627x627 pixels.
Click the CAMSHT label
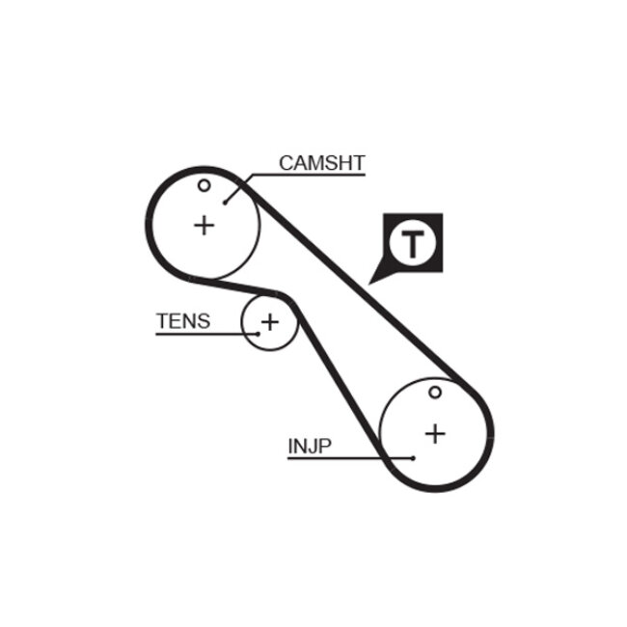[x=321, y=162]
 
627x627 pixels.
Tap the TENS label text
[x=182, y=321]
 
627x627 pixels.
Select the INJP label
[x=310, y=447]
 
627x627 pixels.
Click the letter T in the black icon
[x=413, y=243]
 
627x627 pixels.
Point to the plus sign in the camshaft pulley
[x=204, y=226]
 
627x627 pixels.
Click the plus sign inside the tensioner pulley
[x=269, y=321]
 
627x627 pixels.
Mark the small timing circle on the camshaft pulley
[x=204, y=185]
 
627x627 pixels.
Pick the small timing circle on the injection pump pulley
[x=436, y=393]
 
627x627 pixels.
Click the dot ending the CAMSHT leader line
[x=225, y=202]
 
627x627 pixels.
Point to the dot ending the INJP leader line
[x=412, y=458]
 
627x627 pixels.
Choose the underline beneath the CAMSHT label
[x=309, y=175]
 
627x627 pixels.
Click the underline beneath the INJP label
[x=328, y=458]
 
